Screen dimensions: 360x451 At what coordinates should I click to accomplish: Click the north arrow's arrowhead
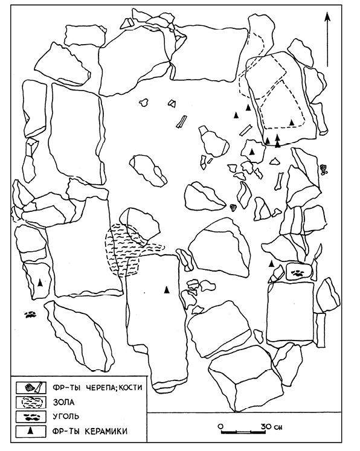(x=327, y=18)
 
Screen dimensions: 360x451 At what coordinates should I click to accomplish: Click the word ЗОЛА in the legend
(x=63, y=402)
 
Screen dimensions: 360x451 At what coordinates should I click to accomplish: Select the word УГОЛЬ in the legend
(x=66, y=416)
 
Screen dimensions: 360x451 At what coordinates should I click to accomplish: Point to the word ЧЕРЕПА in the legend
(x=102, y=387)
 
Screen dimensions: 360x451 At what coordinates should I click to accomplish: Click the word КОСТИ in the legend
(x=132, y=387)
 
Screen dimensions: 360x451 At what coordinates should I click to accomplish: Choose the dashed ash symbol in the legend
(x=32, y=402)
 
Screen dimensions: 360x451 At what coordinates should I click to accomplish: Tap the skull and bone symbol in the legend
(x=34, y=388)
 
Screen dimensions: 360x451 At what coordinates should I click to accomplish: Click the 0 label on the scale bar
(x=220, y=426)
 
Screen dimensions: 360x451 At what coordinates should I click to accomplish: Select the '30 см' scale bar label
(x=271, y=426)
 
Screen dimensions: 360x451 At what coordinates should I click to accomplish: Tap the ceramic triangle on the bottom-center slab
(x=166, y=290)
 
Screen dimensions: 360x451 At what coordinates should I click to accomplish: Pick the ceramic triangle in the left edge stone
(x=40, y=283)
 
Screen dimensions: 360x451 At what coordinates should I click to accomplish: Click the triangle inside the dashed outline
(x=292, y=122)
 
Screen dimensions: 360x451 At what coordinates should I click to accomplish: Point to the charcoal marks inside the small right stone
(x=297, y=273)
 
